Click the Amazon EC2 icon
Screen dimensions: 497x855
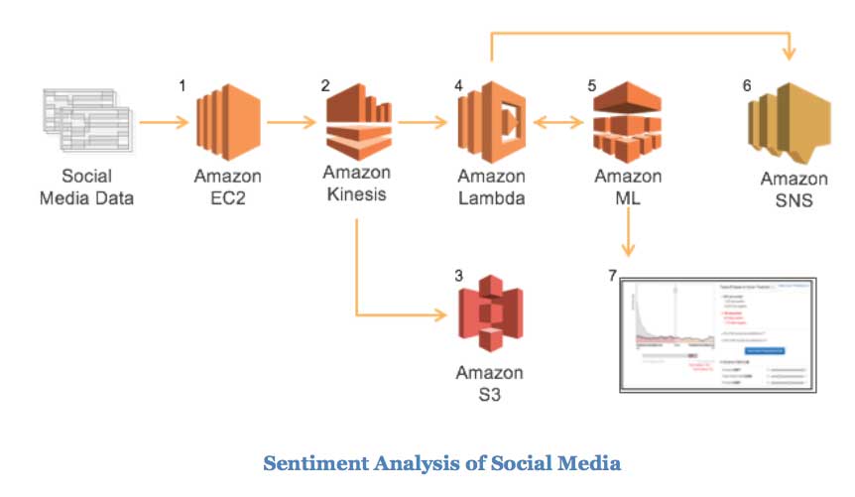(228, 124)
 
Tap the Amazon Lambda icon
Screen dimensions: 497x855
(491, 124)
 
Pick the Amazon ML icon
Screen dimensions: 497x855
(627, 124)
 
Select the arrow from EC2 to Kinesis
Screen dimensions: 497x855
(295, 123)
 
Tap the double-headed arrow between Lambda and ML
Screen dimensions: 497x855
(559, 123)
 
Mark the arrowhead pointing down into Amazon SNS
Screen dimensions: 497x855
(790, 53)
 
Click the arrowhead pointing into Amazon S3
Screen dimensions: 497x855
(437, 316)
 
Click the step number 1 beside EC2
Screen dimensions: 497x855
(183, 86)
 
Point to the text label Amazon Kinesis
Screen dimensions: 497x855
(355, 184)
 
